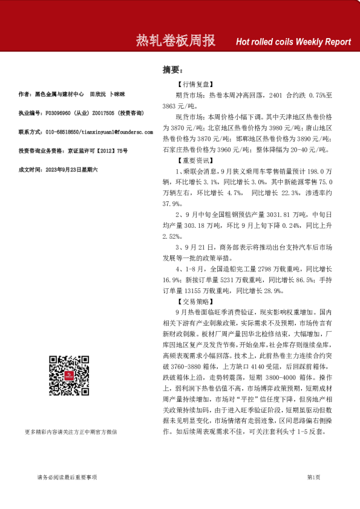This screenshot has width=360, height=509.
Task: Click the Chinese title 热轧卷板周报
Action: (x=175, y=41)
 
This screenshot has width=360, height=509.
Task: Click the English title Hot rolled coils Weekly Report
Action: (x=293, y=42)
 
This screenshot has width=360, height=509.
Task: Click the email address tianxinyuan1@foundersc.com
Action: (x=118, y=131)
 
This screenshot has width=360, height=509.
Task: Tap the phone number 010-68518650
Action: (x=62, y=131)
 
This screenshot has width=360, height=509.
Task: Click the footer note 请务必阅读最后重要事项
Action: (x=67, y=478)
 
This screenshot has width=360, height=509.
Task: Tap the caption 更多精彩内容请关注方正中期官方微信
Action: (x=71, y=415)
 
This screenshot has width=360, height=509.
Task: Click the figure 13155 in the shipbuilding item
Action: (x=192, y=291)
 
